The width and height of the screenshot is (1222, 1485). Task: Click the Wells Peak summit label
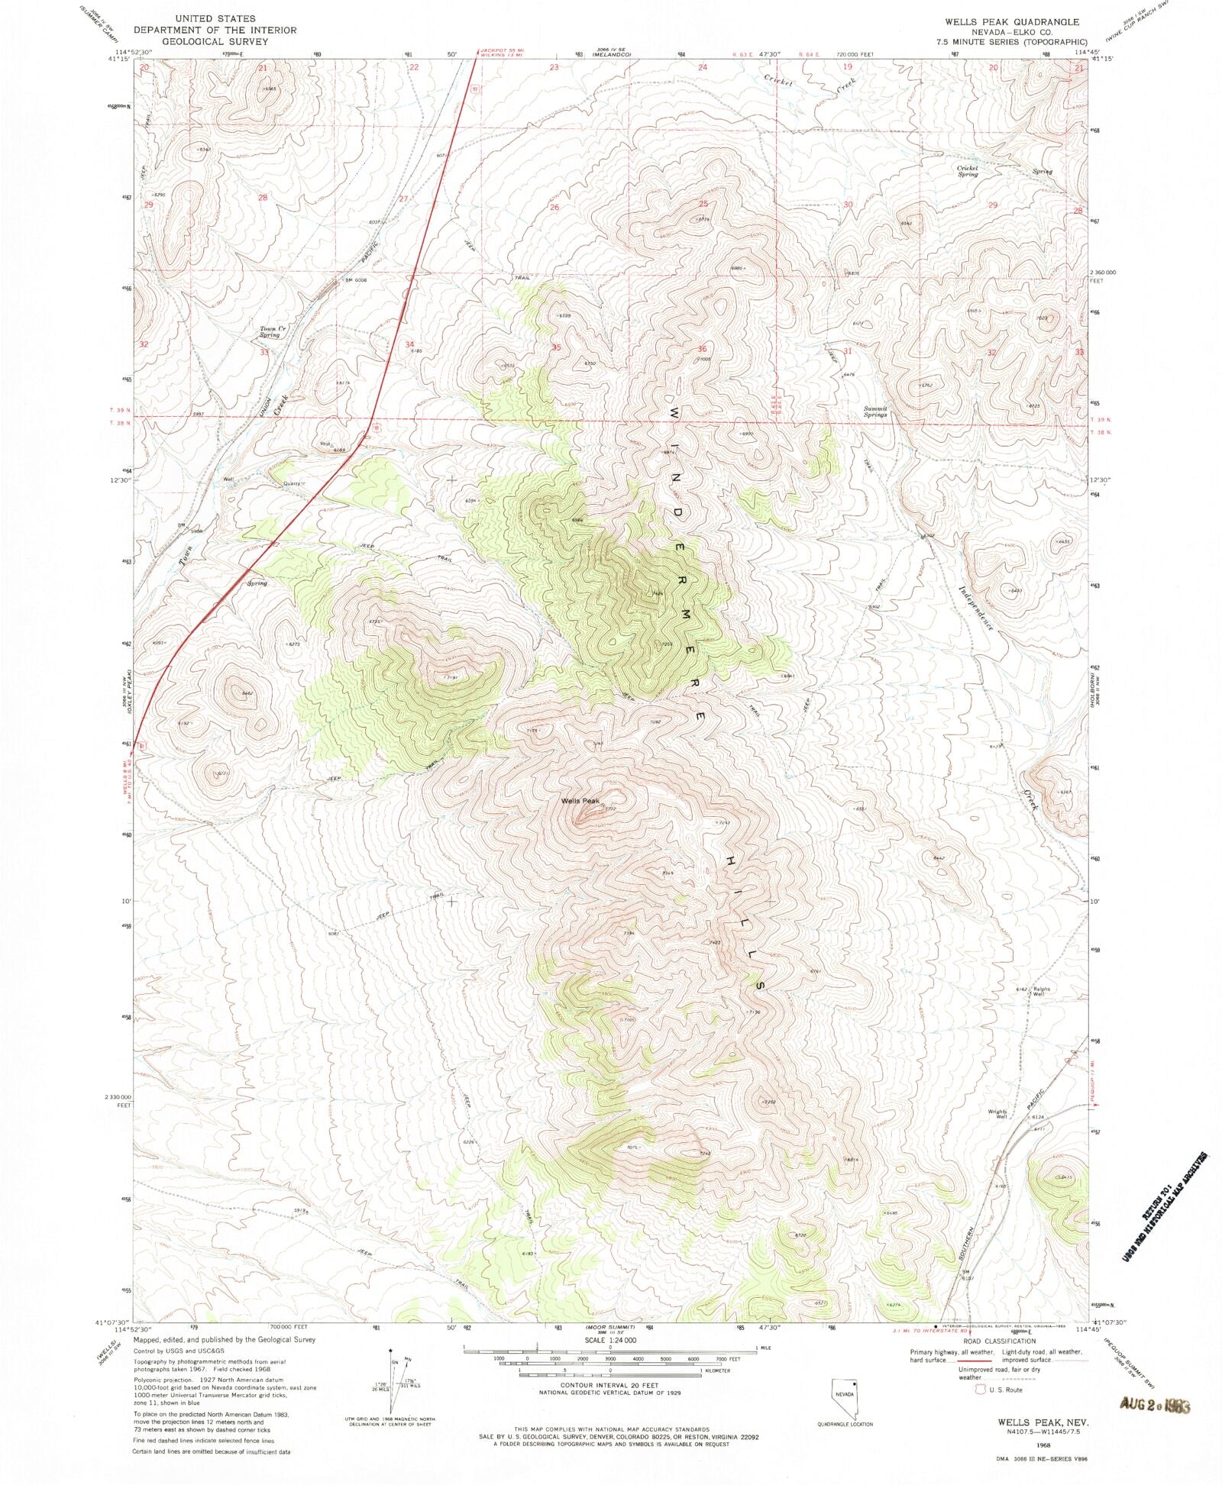pos(577,801)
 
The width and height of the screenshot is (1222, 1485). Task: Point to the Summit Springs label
pos(875,411)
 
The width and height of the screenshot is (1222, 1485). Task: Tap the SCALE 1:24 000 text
pos(610,1341)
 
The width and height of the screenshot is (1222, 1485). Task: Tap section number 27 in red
pos(403,199)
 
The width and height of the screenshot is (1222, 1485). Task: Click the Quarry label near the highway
pos(293,483)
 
